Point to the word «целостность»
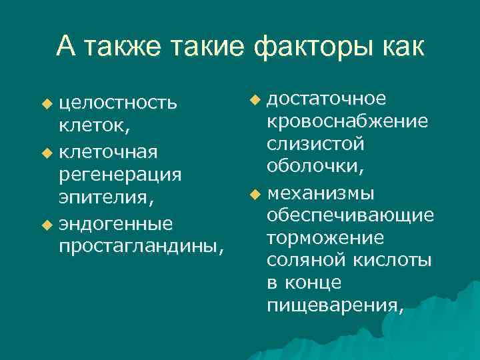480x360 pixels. [118, 104]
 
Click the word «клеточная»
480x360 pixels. [108, 152]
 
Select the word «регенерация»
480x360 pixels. [120, 175]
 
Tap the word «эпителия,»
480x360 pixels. [106, 199]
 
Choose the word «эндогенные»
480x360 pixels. [115, 223]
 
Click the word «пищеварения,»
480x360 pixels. [335, 307]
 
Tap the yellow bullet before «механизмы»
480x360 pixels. [254, 195]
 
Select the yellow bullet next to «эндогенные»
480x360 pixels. [46, 223]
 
